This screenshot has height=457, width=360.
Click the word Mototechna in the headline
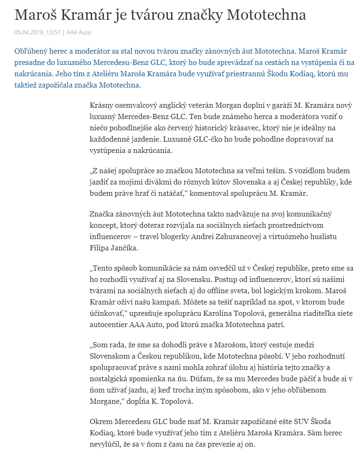pyautogui.click(x=266, y=15)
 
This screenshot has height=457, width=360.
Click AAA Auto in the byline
pyautogui.click(x=79, y=32)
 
